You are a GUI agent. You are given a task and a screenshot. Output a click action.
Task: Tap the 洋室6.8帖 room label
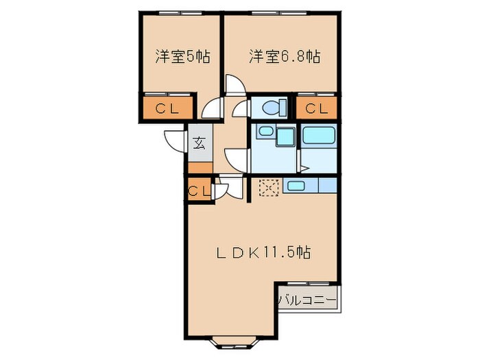[x=285, y=56]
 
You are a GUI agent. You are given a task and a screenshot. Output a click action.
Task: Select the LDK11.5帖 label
[x=263, y=252]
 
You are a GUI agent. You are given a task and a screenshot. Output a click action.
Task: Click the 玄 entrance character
[x=199, y=144]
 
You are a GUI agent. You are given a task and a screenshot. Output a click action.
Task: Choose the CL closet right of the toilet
[x=316, y=108]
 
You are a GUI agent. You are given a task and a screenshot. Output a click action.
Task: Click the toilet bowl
[x=272, y=108]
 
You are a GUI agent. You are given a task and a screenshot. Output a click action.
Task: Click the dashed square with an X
[x=268, y=186]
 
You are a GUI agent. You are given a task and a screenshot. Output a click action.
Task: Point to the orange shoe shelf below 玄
[x=199, y=168]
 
